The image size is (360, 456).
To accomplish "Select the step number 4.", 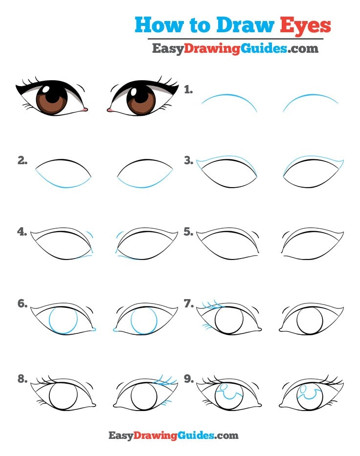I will coord(22,232).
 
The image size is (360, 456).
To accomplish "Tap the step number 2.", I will coord(22,160).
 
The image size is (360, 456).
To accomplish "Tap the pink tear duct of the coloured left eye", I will coord(86,109).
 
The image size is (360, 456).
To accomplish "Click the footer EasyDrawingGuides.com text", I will coord(173,435).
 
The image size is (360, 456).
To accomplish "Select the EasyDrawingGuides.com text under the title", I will coord(235,48).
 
